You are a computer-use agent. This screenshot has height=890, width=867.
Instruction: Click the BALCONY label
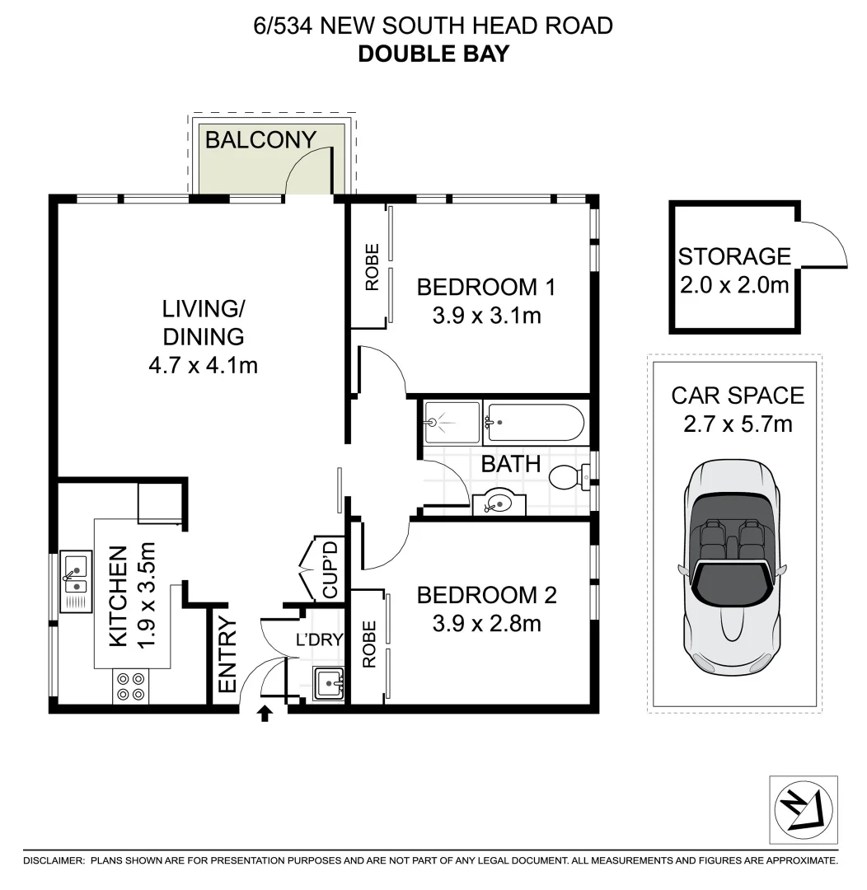pos(260,139)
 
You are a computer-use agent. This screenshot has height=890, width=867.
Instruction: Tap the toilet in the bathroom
pos(569,477)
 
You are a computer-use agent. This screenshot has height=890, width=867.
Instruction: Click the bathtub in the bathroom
pos(534,424)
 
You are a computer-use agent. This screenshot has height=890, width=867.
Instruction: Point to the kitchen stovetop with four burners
pos(130,686)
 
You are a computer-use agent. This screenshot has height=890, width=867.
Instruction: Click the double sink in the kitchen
pos(76,574)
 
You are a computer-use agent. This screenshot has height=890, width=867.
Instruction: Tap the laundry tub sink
pos(330,683)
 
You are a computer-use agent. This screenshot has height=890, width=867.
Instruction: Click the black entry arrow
pos(265,713)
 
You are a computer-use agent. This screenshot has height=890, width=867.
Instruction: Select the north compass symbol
pos(803,809)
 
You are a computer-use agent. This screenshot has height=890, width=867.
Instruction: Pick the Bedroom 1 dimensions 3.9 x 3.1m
pos(486,315)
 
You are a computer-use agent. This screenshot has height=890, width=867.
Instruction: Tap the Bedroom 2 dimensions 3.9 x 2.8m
pos(486,624)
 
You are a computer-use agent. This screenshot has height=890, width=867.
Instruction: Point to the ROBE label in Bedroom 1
pos(372,266)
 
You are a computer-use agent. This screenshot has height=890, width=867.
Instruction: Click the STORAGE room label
pos(734,256)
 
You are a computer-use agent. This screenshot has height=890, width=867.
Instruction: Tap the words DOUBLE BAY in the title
pos(433,54)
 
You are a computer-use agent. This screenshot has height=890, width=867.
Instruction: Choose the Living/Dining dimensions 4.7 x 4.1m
pos(203,363)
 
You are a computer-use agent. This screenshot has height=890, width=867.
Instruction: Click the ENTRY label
pos(227,655)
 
